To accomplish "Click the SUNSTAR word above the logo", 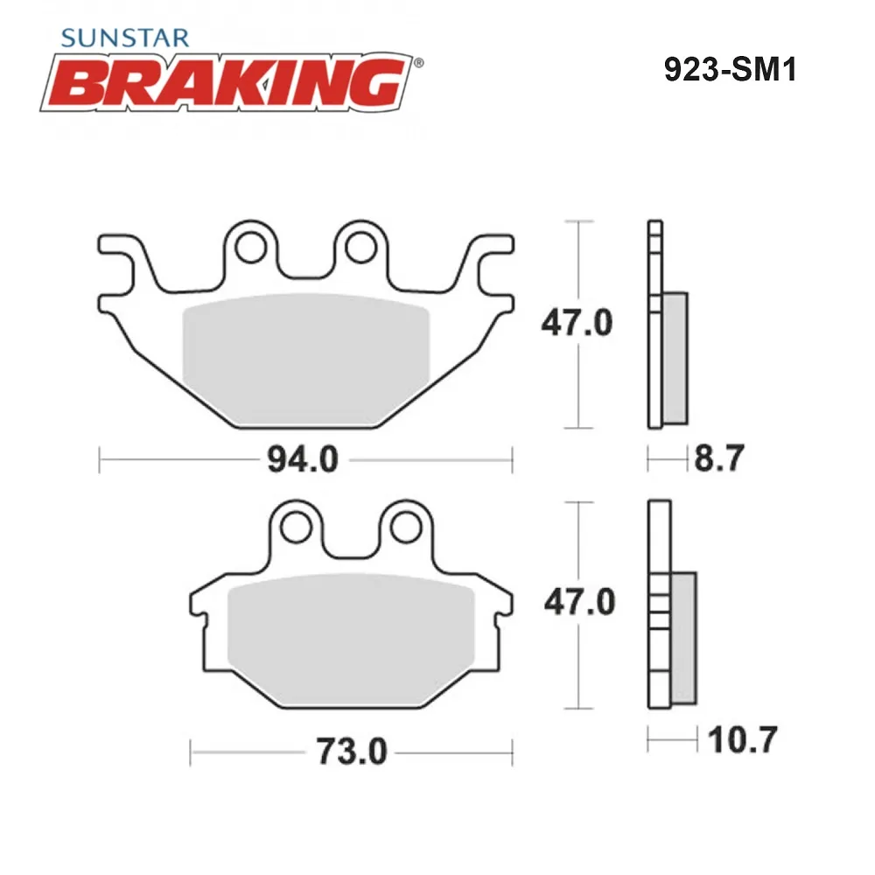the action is [x=125, y=38].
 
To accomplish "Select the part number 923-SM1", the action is [x=730, y=70].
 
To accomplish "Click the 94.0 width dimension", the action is [x=303, y=460].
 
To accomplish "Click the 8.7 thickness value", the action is [x=718, y=458].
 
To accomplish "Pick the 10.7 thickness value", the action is [x=742, y=740].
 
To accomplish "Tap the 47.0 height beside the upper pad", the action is [x=577, y=322].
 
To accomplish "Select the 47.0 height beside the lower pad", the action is [x=580, y=602].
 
